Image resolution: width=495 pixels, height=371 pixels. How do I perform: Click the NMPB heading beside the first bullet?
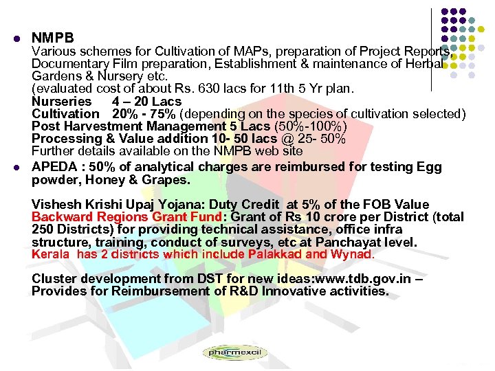tap(52, 38)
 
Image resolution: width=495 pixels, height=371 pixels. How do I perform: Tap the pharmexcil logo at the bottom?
tap(234, 353)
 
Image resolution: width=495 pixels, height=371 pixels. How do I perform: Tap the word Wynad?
tap(350, 254)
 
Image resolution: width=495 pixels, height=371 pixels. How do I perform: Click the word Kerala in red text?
tap(50, 254)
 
